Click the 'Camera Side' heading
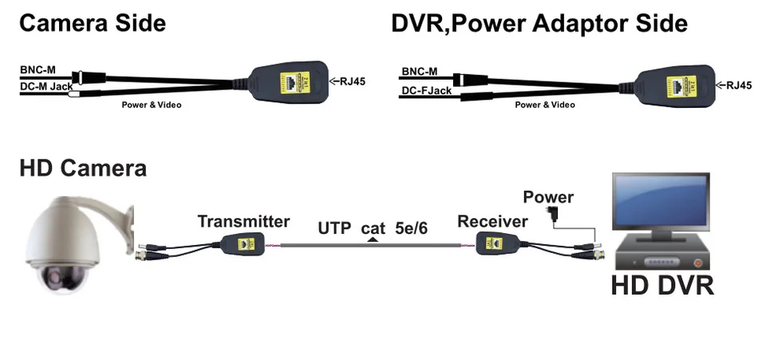pyautogui.click(x=93, y=23)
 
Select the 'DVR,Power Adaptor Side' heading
pyautogui.click(x=539, y=23)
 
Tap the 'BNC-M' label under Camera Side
pyautogui.click(x=38, y=70)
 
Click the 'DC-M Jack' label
pyautogui.click(x=46, y=85)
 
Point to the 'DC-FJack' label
pyautogui.click(x=427, y=90)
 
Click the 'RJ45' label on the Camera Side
pyautogui.click(x=351, y=81)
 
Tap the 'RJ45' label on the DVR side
pyautogui.click(x=739, y=85)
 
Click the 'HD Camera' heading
pyautogui.click(x=83, y=168)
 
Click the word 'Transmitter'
pyautogui.click(x=243, y=221)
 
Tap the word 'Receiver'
pyautogui.click(x=492, y=221)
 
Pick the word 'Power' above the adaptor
pyautogui.click(x=547, y=197)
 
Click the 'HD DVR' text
pyautogui.click(x=662, y=285)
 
